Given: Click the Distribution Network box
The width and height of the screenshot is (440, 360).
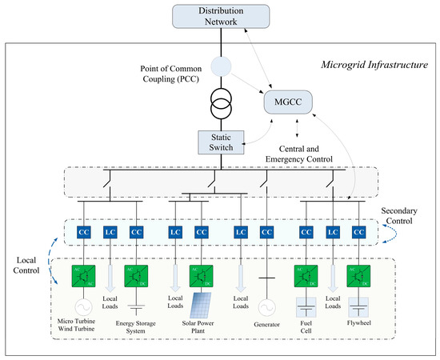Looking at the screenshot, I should click(x=220, y=17).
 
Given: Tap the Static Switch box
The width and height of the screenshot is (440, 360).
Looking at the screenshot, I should click(x=220, y=142).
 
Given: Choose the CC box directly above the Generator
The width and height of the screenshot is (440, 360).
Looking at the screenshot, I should click(x=266, y=231).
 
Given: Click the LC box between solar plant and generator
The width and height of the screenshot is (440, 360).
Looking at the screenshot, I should click(x=240, y=231).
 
